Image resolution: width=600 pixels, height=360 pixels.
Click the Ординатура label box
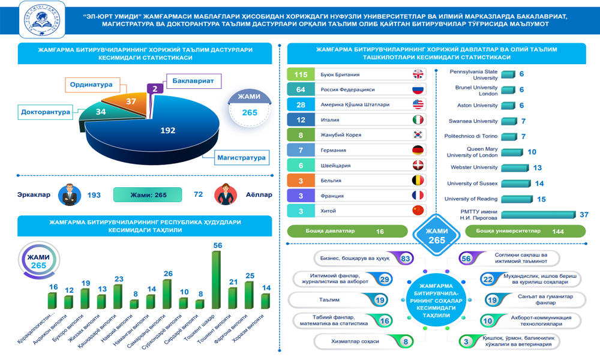point(91,85)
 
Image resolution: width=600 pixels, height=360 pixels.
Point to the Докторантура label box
point(46,112)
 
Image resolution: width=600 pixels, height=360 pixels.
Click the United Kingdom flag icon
point(418,74)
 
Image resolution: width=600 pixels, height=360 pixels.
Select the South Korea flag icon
point(418,135)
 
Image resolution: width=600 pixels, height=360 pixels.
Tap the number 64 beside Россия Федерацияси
point(301,89)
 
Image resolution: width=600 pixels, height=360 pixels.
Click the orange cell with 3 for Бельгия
point(301,180)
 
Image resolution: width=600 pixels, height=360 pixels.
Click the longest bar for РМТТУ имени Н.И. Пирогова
point(538,215)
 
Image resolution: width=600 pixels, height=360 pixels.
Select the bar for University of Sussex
point(513,183)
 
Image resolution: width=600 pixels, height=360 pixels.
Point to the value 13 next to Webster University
point(538,168)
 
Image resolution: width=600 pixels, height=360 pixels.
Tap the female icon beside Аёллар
point(227,194)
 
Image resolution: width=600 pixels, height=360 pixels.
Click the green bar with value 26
point(167,294)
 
